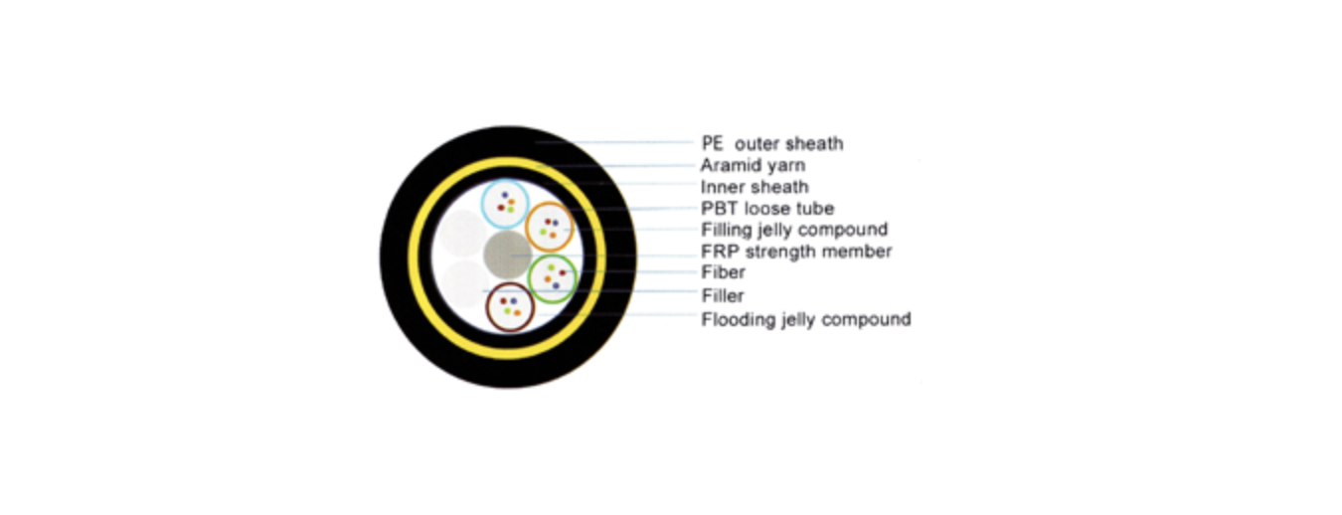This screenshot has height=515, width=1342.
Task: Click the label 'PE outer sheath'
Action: click(x=771, y=143)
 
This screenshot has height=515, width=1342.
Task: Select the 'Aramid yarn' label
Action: click(x=753, y=165)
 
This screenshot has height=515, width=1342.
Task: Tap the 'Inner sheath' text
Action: click(x=755, y=187)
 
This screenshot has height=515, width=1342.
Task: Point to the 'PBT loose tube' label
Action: click(x=767, y=209)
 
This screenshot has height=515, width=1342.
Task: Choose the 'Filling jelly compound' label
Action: click(x=794, y=230)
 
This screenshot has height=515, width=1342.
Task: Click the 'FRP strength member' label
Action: click(x=796, y=252)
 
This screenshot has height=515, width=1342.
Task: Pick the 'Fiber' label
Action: click(x=723, y=272)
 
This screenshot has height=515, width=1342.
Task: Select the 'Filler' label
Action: click(x=723, y=295)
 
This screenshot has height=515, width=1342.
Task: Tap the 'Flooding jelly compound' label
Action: click(x=805, y=319)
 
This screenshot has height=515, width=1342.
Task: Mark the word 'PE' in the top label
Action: click(x=713, y=143)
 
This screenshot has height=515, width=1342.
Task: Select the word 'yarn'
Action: click(x=785, y=166)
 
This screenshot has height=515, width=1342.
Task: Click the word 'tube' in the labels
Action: click(x=814, y=209)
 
